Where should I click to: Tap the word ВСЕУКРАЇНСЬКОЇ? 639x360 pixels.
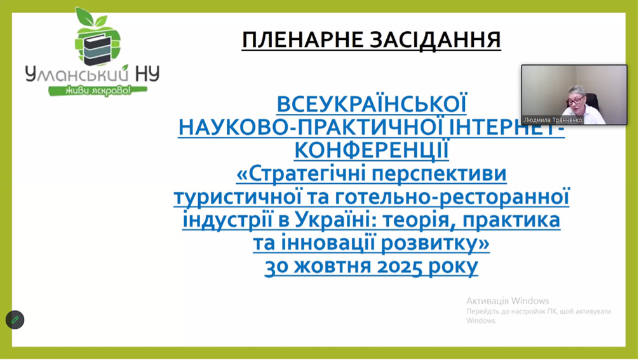click(371, 104)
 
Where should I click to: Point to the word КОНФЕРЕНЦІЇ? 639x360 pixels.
click(371, 150)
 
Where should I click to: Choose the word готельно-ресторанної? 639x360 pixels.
click(452, 197)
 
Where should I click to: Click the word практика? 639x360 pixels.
click(511, 221)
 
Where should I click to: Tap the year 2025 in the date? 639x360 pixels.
click(399, 267)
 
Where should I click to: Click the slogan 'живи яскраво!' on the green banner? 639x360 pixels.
click(98, 90)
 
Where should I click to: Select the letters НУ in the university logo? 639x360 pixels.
click(147, 74)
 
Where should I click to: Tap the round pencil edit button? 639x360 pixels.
click(15, 319)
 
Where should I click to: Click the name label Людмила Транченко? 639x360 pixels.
click(553, 120)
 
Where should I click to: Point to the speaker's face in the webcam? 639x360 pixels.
click(575, 99)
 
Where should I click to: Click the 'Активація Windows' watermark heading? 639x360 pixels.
click(508, 301)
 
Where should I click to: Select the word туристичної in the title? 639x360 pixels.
click(234, 197)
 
